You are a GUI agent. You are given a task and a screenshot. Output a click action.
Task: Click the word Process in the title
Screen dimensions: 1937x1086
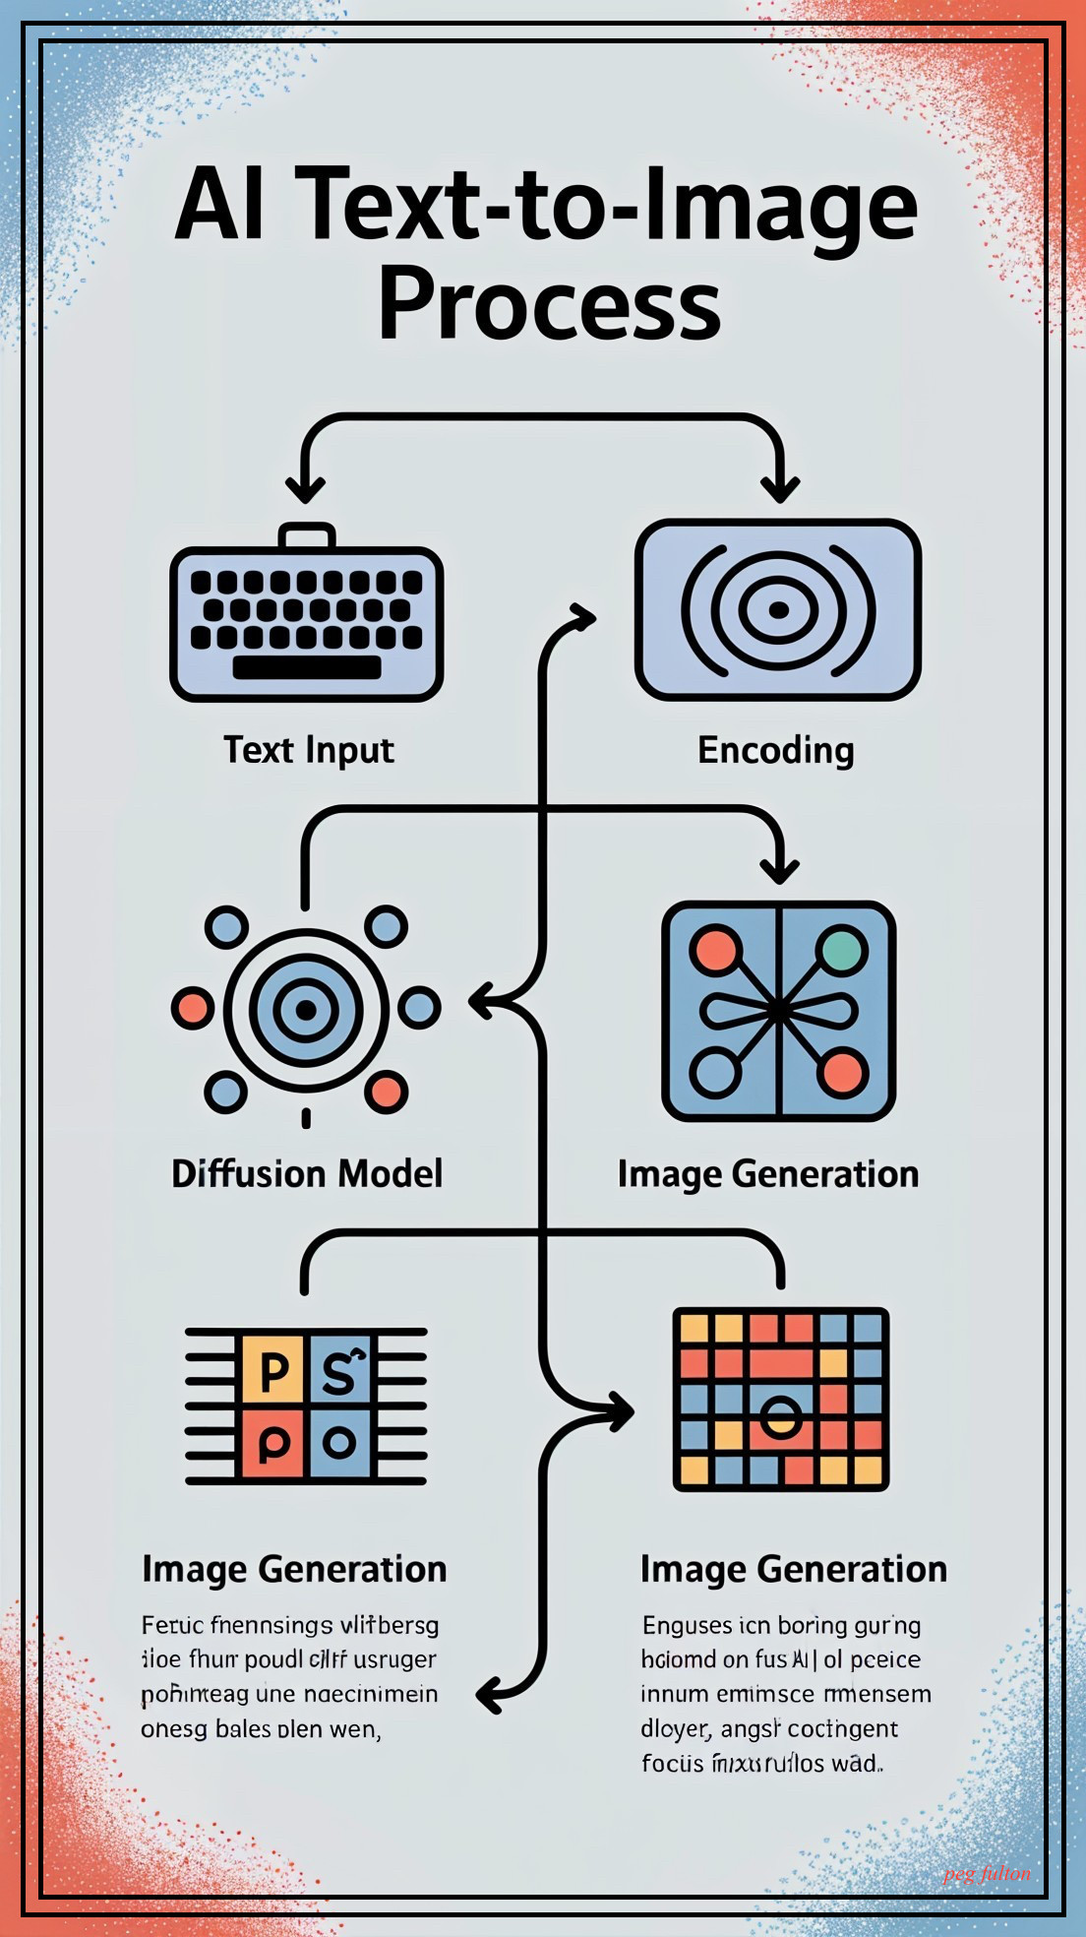click(549, 304)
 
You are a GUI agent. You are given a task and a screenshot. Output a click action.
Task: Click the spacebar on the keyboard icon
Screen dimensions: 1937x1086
click(307, 667)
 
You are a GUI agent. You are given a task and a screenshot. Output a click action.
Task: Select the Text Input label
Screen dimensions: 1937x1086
click(308, 750)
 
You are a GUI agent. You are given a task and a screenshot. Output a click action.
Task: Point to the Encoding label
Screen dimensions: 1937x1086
click(775, 750)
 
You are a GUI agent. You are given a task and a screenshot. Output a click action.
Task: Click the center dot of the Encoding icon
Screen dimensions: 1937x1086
click(778, 610)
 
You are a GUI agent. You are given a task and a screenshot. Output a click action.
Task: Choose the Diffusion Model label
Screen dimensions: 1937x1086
click(307, 1173)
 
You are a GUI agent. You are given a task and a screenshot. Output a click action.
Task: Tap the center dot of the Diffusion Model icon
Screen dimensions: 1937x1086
click(306, 1010)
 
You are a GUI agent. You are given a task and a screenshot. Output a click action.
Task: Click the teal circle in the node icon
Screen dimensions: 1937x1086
click(842, 950)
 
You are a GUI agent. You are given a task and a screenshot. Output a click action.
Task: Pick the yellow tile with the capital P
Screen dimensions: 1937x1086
click(272, 1369)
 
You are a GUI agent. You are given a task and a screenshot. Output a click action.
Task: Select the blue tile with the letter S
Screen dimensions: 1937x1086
click(339, 1369)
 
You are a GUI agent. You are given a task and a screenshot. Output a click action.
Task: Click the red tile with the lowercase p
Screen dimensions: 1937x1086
click(272, 1444)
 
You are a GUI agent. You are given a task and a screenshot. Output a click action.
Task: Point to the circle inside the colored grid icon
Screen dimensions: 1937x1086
click(781, 1417)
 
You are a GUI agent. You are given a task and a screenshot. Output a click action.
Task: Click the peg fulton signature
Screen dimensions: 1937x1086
click(987, 1874)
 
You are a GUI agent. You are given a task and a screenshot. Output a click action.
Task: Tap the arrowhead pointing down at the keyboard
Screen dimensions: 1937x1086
click(305, 488)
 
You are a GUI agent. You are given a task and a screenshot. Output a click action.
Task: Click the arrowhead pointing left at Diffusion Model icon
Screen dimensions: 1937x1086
click(482, 1003)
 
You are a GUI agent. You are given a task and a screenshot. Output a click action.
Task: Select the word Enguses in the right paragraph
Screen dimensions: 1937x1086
click(687, 1625)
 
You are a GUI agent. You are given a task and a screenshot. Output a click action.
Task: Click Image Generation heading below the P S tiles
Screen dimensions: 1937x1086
click(294, 1569)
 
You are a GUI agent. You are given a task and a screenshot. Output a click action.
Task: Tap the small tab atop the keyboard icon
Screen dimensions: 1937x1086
click(307, 536)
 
